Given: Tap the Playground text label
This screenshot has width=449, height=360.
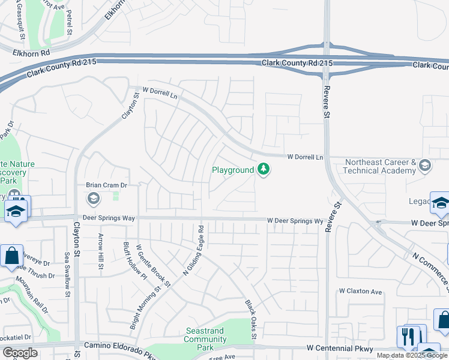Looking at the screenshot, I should pyautogui.click(x=233, y=170).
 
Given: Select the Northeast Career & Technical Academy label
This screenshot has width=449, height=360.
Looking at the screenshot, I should pyautogui.click(x=379, y=166).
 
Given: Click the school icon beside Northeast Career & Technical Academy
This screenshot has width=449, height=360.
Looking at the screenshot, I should pyautogui.click(x=425, y=165).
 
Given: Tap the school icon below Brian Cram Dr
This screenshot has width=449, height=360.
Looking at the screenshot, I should pyautogui.click(x=93, y=198).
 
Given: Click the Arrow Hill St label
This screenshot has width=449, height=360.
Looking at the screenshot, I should pyautogui.click(x=101, y=251).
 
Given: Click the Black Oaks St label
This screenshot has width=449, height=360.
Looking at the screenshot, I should pyautogui.click(x=251, y=315).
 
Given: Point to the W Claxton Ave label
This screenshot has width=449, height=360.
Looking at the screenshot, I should pyautogui.click(x=361, y=292).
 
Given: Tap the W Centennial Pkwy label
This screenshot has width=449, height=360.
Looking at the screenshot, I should pyautogui.click(x=340, y=348).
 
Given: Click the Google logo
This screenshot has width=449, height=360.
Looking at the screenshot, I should pyautogui.click(x=20, y=353).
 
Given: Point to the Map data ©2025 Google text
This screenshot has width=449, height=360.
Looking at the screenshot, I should pyautogui.click(x=412, y=355).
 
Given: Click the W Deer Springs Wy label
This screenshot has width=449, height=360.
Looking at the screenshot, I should pyautogui.click(x=295, y=221).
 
